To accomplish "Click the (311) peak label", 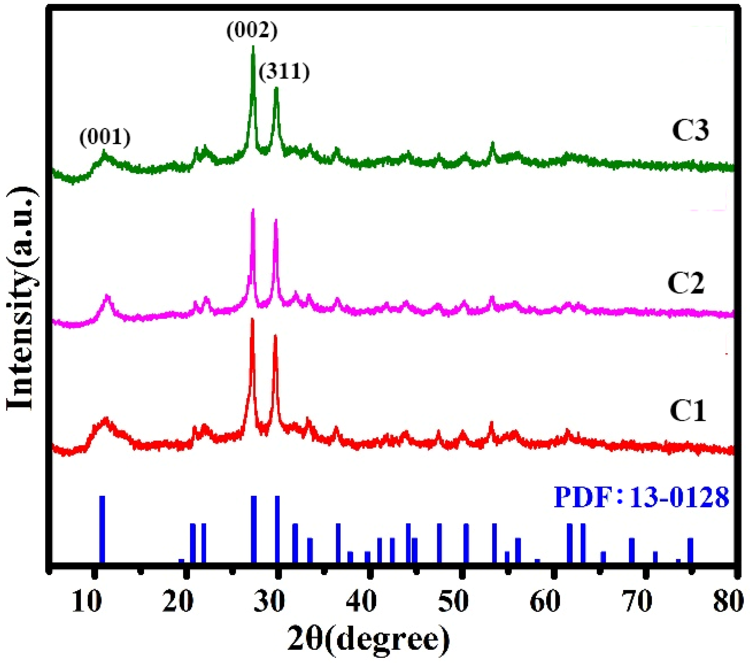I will coord(284,72).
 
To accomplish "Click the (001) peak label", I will coord(105,139).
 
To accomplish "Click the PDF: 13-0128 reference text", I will coord(641,498).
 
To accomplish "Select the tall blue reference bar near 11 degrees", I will coord(102,528).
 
